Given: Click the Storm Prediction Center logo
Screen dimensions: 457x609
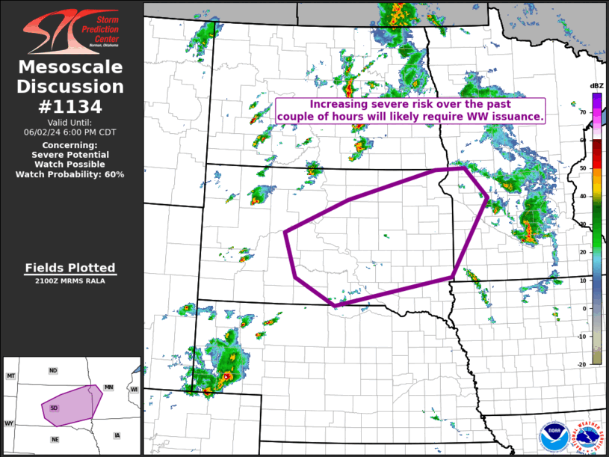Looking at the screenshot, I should (72, 29).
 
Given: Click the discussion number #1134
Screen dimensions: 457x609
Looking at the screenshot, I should (70, 106).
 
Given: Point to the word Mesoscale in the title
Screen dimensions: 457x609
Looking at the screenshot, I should (70, 67).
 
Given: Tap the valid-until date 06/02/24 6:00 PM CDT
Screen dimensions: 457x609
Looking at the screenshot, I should (70, 132).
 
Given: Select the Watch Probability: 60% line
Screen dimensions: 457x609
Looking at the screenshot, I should (70, 174).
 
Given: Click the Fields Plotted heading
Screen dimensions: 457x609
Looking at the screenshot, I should (70, 268).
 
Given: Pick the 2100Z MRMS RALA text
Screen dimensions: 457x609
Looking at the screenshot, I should (70, 281).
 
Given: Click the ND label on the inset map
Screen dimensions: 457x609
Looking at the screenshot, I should (53, 371).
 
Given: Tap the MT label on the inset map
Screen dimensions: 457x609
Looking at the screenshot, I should (11, 375).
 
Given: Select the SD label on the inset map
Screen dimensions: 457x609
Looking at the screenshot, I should (54, 408).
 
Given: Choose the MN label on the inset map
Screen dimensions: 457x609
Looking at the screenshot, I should (108, 387).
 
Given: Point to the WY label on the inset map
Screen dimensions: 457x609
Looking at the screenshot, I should (9, 424).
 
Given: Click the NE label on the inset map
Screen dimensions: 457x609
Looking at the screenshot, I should (54, 439).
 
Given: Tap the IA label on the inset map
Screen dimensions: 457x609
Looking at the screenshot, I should (117, 435).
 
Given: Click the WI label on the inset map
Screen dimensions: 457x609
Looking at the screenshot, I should (135, 390).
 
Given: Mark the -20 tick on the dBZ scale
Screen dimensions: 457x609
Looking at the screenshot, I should (581, 364).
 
